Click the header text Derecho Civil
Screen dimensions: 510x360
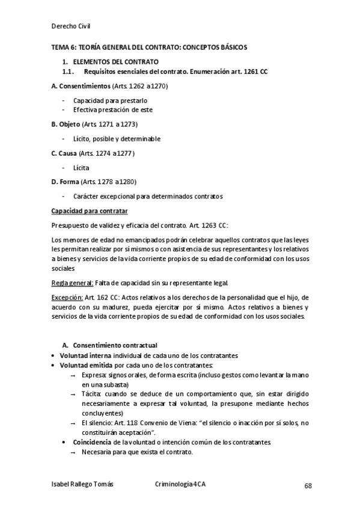pyautogui.click(x=71, y=26)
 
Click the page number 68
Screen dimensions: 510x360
pyautogui.click(x=308, y=485)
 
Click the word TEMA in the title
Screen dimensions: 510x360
pyautogui.click(x=59, y=47)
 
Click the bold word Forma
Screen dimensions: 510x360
pyautogui.click(x=69, y=182)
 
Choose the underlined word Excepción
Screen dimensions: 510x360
pyautogui.click(x=66, y=297)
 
